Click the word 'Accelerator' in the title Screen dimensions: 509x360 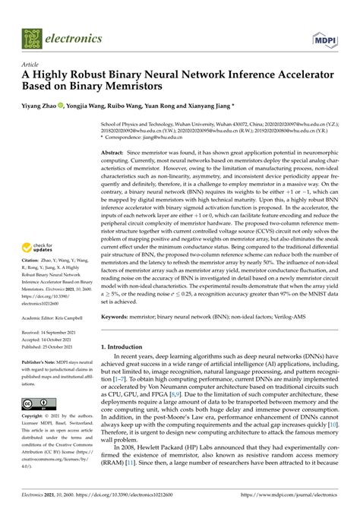[292, 77]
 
